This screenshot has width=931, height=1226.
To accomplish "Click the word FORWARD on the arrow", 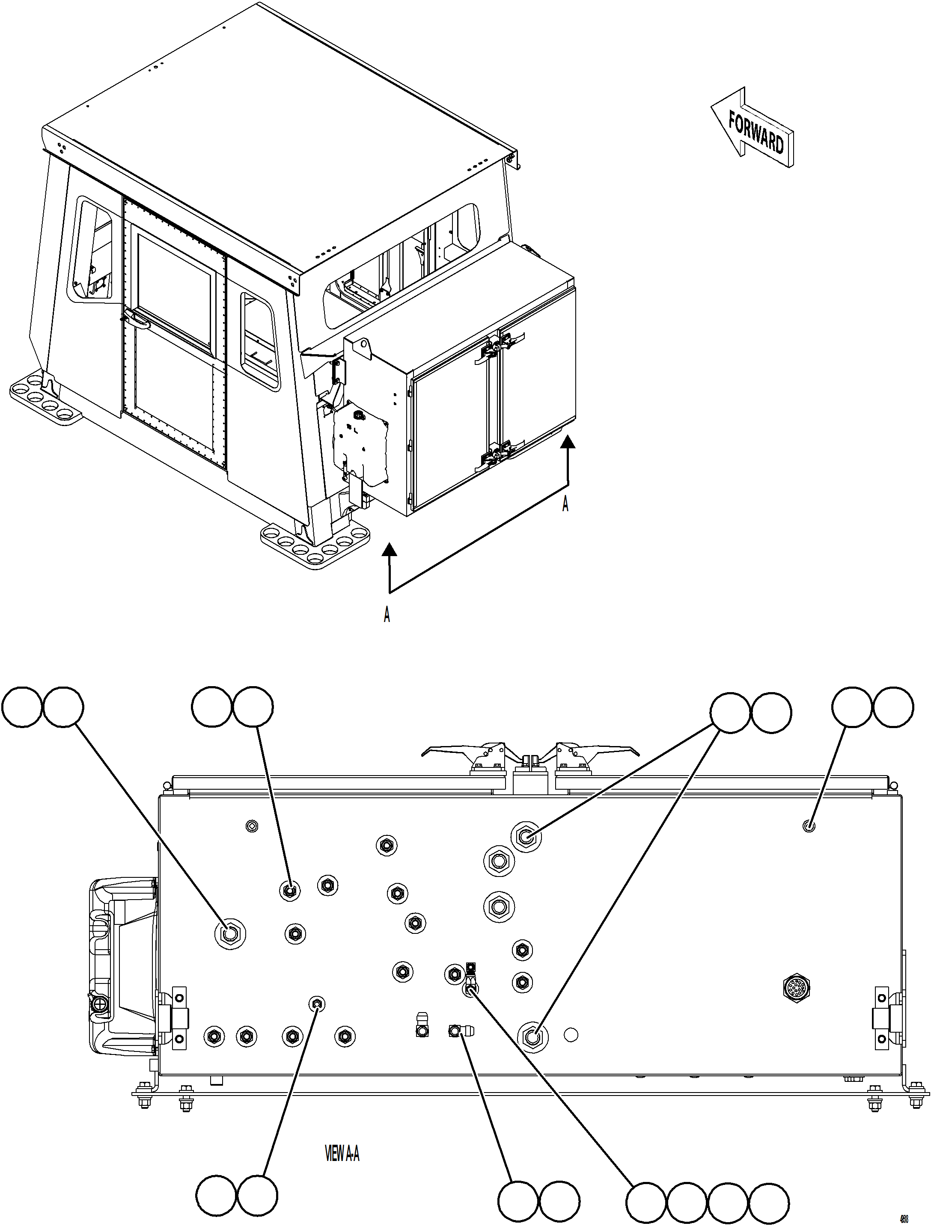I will pyautogui.click(x=756, y=133).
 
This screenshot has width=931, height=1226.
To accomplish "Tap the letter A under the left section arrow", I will pyautogui.click(x=387, y=615).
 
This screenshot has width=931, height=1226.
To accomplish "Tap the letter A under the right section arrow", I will pyautogui.click(x=565, y=504).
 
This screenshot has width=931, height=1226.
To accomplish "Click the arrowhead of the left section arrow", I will pyautogui.click(x=390, y=549).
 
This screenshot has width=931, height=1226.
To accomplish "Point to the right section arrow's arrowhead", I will pyautogui.click(x=567, y=442).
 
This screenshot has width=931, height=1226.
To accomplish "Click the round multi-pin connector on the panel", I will pyautogui.click(x=797, y=987).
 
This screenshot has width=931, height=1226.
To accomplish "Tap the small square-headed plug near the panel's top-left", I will pyautogui.click(x=252, y=826).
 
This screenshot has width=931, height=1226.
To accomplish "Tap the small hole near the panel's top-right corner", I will pyautogui.click(x=809, y=827).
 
